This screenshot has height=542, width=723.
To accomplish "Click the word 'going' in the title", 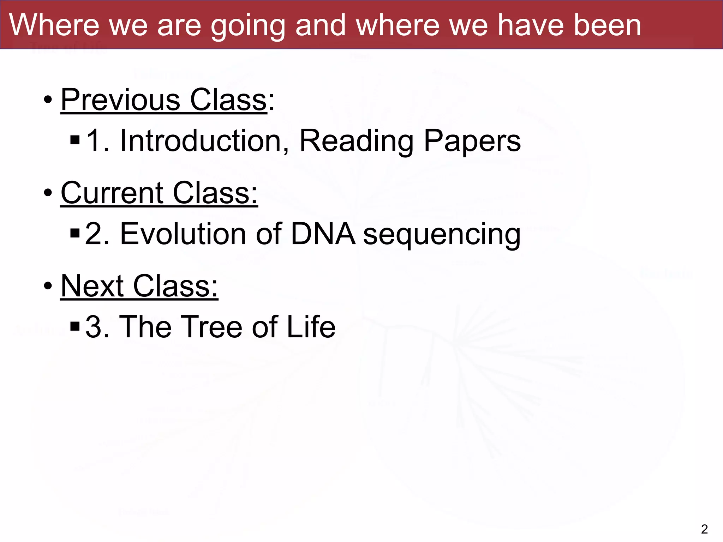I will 248,26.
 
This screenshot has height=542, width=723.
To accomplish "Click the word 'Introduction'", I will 205,140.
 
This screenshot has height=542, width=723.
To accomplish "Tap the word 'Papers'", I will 472,141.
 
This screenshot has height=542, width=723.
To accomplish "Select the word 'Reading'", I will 357,141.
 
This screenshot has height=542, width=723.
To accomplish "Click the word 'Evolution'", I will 183,234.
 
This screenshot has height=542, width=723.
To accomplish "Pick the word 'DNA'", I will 323,234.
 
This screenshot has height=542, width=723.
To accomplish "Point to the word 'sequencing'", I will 442,235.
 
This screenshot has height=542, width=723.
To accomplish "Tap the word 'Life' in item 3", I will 311,327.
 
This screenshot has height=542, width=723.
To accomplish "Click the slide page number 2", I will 704,529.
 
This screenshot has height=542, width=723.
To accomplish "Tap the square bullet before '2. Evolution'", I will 75,233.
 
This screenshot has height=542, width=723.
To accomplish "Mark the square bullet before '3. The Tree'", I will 75,326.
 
